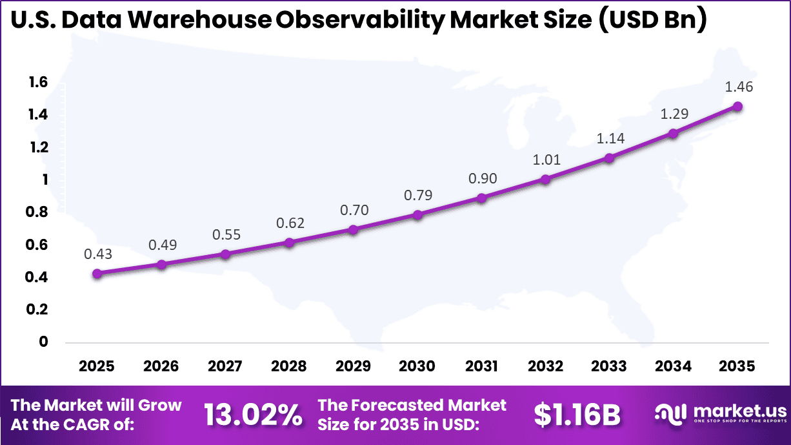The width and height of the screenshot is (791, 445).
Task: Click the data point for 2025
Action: pos(97,274)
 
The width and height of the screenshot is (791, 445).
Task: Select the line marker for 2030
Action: pos(417,214)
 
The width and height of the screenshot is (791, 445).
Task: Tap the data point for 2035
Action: pos(737,107)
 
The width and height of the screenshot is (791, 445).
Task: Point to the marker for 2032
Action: pos(545,179)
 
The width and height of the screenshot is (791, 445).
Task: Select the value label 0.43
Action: pos(97,254)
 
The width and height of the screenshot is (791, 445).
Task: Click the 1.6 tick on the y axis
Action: pos(38,82)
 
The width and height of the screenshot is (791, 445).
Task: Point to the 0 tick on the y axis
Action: pos(44,342)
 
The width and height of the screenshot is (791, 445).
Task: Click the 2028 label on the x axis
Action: pos(289,366)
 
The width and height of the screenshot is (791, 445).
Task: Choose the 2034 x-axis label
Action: pos(674,366)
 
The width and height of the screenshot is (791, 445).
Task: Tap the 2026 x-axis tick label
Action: pos(161,366)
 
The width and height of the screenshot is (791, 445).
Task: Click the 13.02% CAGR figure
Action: pos(253,415)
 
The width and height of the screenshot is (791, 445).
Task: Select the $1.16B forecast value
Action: pos(577,415)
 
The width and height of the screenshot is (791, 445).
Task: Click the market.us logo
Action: pos(721,414)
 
